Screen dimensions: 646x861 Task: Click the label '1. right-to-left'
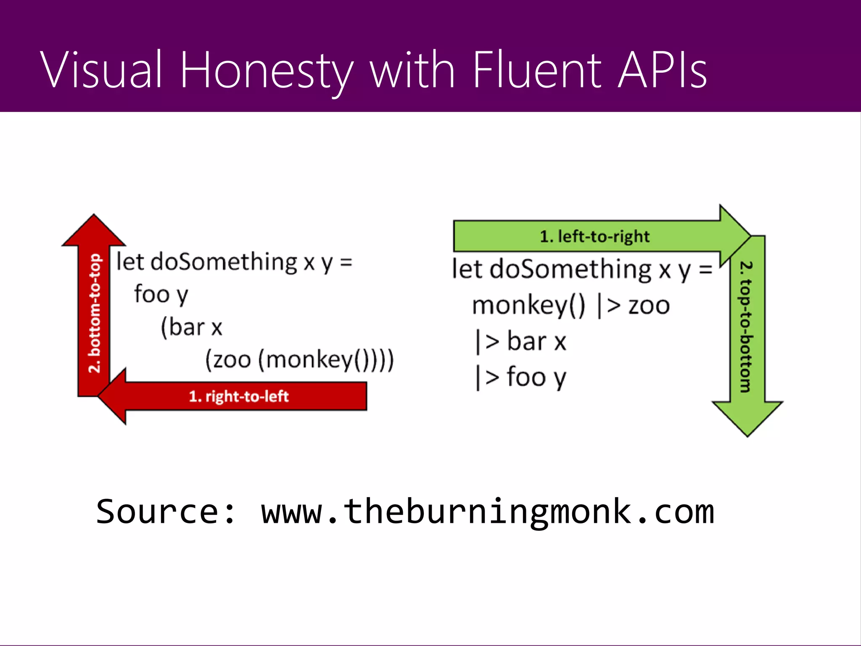pos(238,396)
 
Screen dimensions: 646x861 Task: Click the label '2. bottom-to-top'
pos(95,313)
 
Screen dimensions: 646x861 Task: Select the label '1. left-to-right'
pos(594,236)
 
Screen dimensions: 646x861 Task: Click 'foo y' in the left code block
pos(161,294)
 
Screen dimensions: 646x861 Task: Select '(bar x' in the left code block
pos(191,327)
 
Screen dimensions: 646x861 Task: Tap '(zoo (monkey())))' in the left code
pos(299,360)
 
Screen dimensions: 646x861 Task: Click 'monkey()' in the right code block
pos(528,305)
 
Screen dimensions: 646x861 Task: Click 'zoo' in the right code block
pos(649,305)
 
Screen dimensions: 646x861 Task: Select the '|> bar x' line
pos(520,341)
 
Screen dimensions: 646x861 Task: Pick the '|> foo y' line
pos(520,377)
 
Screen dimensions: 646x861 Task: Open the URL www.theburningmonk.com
pos(487,512)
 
